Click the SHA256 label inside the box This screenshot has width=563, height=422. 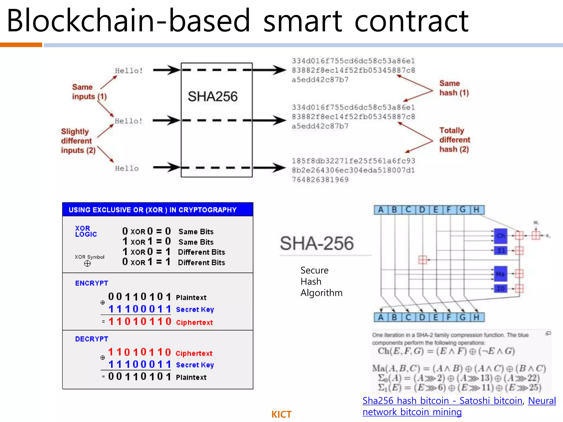coord(212,96)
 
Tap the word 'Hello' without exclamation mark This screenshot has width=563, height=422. coord(127,168)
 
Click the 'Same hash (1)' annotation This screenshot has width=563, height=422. coord(454,88)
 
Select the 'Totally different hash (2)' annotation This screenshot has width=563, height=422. coord(454,140)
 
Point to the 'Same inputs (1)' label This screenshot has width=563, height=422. coord(89,92)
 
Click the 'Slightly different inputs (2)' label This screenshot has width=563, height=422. coord(78,141)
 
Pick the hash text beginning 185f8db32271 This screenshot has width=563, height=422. coord(353,170)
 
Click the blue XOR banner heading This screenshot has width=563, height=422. coord(153,210)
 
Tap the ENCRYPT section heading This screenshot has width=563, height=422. coord(92,283)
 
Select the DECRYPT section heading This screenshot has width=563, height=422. coord(92,339)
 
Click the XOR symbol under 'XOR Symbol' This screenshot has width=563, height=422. coord(87,264)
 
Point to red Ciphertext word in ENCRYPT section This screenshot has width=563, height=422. coord(194,323)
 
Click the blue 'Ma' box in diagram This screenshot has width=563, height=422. coord(500,274)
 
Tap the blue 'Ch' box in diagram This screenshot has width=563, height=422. coord(500,236)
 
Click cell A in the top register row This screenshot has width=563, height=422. coord(381,210)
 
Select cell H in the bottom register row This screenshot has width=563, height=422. coord(476,317)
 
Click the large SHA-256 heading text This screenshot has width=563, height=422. coord(316,243)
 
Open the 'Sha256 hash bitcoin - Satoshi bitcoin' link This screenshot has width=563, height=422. coord(442,401)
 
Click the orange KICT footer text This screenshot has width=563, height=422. coord(281,414)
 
